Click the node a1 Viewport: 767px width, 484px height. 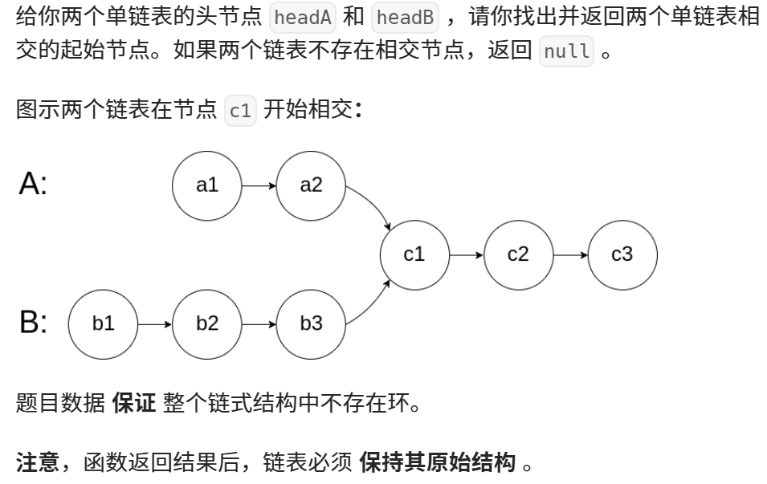207,185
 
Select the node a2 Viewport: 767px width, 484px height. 311,185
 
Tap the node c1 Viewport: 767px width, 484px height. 414,254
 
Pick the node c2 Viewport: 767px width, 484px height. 518,254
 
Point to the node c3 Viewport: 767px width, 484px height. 622,254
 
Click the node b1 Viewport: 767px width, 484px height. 104,323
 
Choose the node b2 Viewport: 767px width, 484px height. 207,323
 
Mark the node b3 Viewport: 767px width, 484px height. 311,323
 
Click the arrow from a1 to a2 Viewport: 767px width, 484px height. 259,185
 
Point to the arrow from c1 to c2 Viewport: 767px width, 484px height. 466,254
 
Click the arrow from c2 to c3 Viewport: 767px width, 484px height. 570,254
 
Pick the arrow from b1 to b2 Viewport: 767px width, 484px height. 155,323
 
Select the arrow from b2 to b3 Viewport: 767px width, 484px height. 259,323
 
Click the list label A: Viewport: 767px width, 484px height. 33,185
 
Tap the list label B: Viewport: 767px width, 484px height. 33,323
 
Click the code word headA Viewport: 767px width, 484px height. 302,18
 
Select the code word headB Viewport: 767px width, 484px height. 405,18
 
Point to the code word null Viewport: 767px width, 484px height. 566,52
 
